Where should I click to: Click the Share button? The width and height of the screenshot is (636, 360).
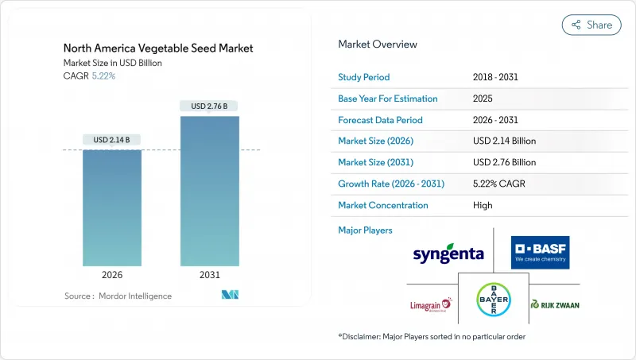pos(591,25)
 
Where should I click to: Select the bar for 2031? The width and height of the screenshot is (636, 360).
pos(210,191)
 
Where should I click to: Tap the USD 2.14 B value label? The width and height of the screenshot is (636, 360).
pos(112,140)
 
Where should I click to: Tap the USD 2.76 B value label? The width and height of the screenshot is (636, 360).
pos(210,106)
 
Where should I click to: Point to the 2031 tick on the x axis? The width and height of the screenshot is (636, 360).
pos(210,276)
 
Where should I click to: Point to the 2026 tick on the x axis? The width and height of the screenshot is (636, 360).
pos(112,276)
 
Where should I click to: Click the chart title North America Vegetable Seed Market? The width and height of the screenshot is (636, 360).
pos(158,48)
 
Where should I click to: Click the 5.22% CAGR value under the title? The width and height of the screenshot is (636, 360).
pos(105,75)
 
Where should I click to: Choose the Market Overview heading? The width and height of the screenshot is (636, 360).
pos(378,45)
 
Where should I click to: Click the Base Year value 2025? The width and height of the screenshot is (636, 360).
pos(483,99)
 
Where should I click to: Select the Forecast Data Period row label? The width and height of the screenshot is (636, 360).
pos(380,120)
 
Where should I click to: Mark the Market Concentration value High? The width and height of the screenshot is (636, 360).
pos(482,205)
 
